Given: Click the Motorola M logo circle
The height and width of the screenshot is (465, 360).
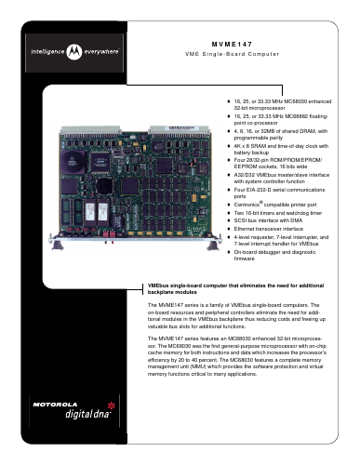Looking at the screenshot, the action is pyautogui.click(x=74, y=52).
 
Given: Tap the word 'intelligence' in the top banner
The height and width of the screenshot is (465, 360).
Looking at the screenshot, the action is pyautogui.click(x=47, y=51).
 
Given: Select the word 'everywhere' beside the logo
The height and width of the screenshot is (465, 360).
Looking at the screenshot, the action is pyautogui.click(x=101, y=51).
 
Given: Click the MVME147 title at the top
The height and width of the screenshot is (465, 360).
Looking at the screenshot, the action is pyautogui.click(x=232, y=44).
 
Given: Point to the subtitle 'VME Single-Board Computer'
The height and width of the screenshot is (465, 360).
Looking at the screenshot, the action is pyautogui.click(x=233, y=54).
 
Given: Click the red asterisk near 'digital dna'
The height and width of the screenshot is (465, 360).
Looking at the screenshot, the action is pyautogui.click(x=112, y=405).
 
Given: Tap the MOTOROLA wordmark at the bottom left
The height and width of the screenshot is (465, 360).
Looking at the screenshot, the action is pyautogui.click(x=55, y=405).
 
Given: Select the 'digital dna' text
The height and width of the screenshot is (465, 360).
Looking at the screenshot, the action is pyautogui.click(x=87, y=414).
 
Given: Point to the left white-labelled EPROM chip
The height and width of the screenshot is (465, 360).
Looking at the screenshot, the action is pyautogui.click(x=89, y=211).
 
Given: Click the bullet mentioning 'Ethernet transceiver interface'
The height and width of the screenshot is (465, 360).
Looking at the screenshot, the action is pyautogui.click(x=269, y=229).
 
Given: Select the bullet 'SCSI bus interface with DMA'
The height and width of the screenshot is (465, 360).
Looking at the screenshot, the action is pyautogui.click(x=268, y=220).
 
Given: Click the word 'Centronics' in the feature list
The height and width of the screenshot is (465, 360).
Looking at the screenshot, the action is pyautogui.click(x=247, y=205).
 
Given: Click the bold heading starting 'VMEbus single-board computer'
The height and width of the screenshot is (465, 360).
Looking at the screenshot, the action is pyautogui.click(x=235, y=289).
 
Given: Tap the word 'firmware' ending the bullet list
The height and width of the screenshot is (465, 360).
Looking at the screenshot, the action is pyautogui.click(x=244, y=259).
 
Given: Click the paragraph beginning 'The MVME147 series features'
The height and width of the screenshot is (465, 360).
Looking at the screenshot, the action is pyautogui.click(x=237, y=356).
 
